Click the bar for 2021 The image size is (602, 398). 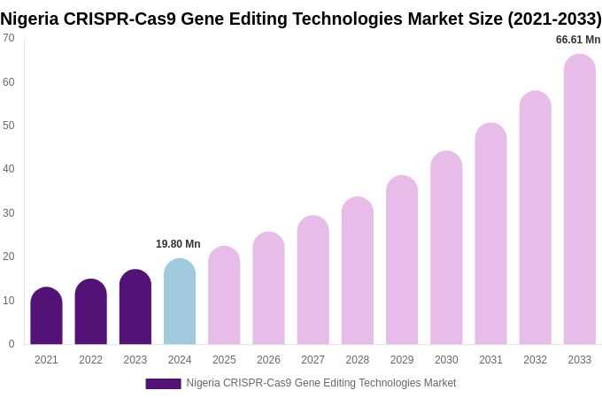[x=46, y=316]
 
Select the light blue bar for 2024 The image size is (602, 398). [x=180, y=302]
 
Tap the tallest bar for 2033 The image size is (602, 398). [x=580, y=200]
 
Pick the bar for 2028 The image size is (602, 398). [x=358, y=271]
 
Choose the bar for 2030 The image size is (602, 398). [x=446, y=248]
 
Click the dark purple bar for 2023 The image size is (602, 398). [x=135, y=307]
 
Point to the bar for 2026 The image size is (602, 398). [x=268, y=288]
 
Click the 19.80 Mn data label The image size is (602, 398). [x=178, y=244]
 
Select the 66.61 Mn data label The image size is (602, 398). [x=578, y=40]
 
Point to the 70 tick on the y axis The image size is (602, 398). [x=9, y=38]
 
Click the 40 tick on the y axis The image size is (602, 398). [x=9, y=169]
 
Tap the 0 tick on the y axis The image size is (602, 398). [x=12, y=344]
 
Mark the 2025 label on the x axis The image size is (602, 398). [x=224, y=360]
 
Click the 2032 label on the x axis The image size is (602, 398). [x=535, y=360]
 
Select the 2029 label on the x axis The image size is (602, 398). [x=402, y=360]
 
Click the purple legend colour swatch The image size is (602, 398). [x=163, y=384]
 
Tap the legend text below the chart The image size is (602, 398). [x=320, y=383]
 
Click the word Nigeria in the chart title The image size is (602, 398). [x=29, y=19]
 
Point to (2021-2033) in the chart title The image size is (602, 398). [x=554, y=19]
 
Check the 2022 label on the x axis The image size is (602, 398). [x=90, y=360]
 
